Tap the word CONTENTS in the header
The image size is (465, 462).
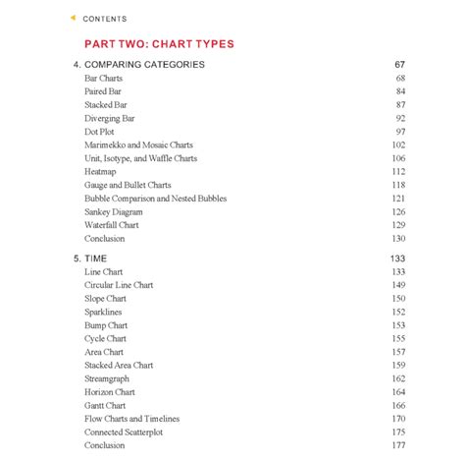coord(105,19)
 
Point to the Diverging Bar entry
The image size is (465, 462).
coord(110,118)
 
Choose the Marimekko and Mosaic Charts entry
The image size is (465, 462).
coord(138,144)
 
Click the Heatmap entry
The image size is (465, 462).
coord(102,171)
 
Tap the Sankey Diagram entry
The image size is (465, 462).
coord(114,211)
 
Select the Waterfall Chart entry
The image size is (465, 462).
coord(112,225)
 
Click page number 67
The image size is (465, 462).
coord(399,64)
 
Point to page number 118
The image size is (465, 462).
coord(397,185)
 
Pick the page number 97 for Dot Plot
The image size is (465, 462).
coord(399,131)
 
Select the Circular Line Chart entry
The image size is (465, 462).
coord(120,285)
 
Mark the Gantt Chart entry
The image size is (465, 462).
coord(105,405)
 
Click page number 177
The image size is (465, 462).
coord(397,445)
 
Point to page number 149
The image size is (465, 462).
coord(397,285)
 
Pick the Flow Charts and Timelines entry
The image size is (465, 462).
coord(132,419)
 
